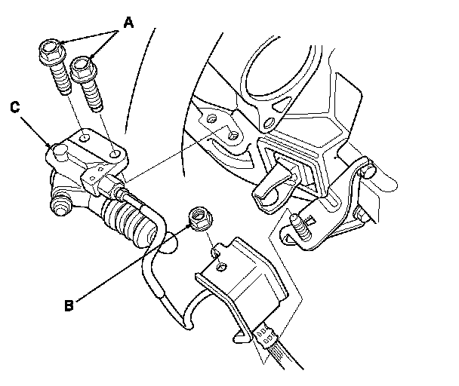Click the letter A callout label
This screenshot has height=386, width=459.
[128, 23]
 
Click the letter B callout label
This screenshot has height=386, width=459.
[69, 305]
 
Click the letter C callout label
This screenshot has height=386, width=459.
[15, 107]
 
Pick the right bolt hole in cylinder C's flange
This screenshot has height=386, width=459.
[115, 154]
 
